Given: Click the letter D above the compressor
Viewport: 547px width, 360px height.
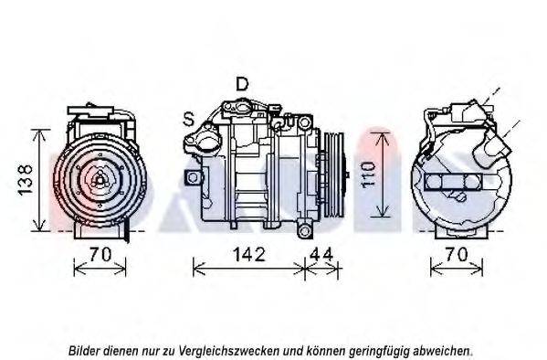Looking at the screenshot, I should [241, 84].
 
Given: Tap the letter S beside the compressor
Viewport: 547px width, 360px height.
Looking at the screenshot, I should [187, 118].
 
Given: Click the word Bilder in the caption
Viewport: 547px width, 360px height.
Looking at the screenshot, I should [87, 350].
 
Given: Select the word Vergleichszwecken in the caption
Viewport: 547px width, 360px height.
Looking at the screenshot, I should [233, 350].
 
